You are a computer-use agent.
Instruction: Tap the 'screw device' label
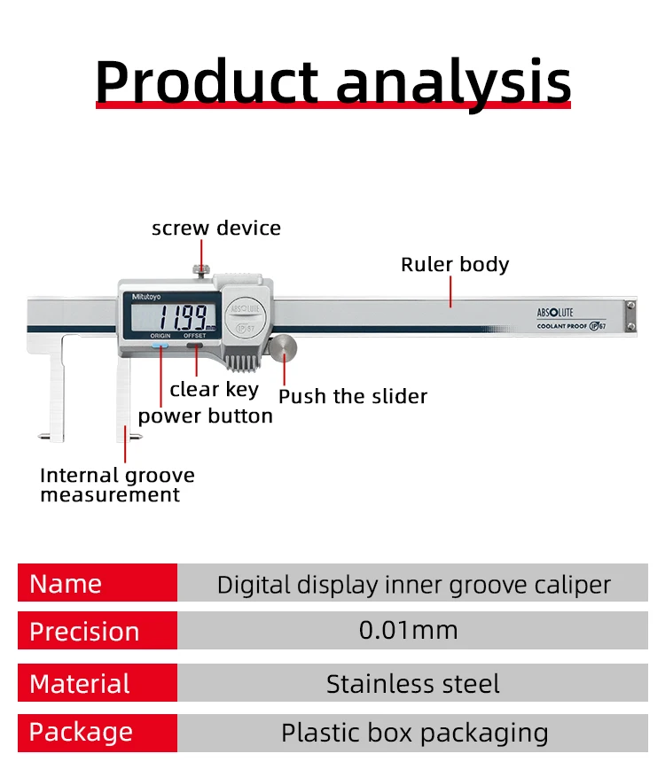coord(216,228)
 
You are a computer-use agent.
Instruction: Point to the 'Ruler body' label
coord(455,264)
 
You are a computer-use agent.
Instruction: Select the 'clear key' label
coord(215,390)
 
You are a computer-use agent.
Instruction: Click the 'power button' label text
coord(205,416)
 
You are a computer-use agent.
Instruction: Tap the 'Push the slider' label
coord(353,396)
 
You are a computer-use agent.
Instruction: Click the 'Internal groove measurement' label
coord(117,485)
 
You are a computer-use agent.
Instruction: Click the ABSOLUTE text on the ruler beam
coord(555,313)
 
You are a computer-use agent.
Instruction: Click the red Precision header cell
coord(98,631)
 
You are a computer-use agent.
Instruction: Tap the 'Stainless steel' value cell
coord(412,684)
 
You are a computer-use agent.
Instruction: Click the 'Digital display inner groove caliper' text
coord(413,585)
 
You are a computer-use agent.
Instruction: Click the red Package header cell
coord(98,733)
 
